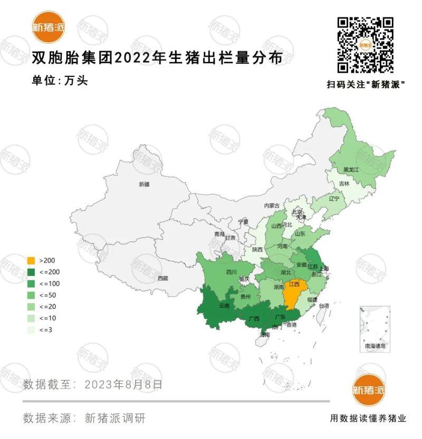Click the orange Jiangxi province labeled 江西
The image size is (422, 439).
click(294, 285)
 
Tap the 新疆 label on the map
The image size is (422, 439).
click(144, 184)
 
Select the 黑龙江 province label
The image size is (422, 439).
click(351, 170)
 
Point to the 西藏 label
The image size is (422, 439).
click(163, 278)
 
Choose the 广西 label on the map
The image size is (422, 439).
click(254, 318)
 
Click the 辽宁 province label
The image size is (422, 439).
click(333, 199)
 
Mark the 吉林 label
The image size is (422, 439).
click(344, 184)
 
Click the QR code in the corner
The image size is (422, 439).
click(366, 45)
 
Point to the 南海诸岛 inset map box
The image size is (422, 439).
click(375, 328)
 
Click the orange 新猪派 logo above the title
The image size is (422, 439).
click(48, 27)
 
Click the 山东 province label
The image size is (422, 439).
click(300, 233)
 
